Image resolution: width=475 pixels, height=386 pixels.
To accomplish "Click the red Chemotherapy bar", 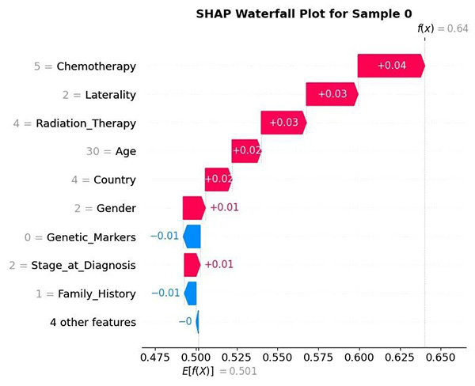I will [x=390, y=66].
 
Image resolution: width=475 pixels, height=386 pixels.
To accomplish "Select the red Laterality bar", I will [x=332, y=94].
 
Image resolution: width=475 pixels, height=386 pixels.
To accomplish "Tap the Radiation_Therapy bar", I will [x=283, y=123].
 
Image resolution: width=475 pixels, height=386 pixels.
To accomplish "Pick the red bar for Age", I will [x=245, y=151].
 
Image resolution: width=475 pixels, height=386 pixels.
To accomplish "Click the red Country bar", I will [x=218, y=180].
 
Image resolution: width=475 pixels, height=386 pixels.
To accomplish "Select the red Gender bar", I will [x=193, y=208].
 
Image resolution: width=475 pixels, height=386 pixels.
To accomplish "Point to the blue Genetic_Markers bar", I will [x=192, y=237].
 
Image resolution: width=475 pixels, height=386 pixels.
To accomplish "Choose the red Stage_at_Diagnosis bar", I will [x=192, y=264].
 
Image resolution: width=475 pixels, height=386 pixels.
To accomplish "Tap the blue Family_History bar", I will [x=190, y=293].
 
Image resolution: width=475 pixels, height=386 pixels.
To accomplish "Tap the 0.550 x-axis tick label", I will [x=278, y=357].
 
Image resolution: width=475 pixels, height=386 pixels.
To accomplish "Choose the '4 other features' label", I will [x=93, y=322].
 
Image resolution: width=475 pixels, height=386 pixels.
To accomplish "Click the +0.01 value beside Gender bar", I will [x=224, y=208].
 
